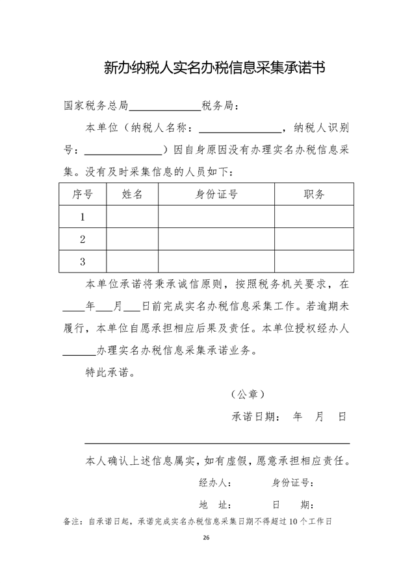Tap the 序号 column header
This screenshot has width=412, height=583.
[83, 194]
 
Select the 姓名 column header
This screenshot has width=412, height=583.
[132, 194]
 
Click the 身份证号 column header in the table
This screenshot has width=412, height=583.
[216, 194]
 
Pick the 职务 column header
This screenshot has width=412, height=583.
[314, 194]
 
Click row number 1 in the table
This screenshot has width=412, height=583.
[83, 217]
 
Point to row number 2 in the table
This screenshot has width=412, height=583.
[83, 240]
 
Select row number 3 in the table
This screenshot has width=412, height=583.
[83, 262]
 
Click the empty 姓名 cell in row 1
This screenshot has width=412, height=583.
[132, 217]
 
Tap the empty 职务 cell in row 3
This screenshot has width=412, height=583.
[314, 262]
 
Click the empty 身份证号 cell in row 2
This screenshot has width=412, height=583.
[216, 240]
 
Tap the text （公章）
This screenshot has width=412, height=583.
[248, 394]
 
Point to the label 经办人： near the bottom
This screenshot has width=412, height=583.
[216, 483]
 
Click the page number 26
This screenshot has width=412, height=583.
[206, 538]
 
